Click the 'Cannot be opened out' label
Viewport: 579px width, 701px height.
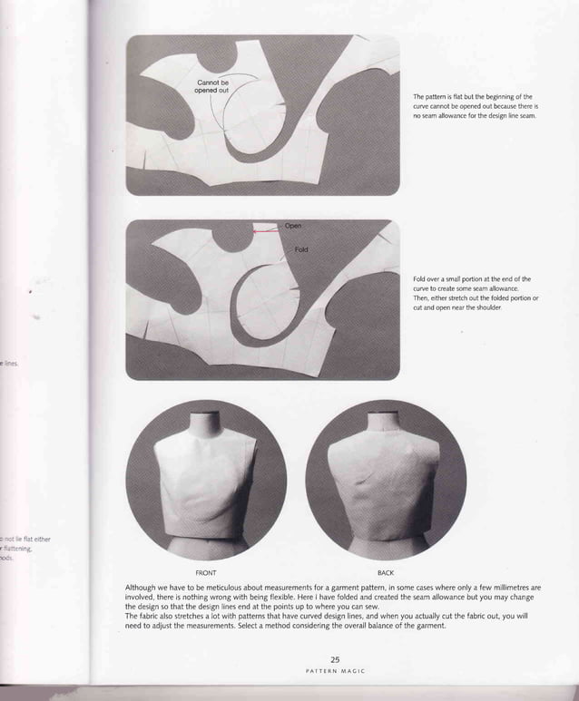pyautogui.click(x=212, y=86)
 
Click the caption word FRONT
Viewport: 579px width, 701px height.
pyautogui.click(x=206, y=573)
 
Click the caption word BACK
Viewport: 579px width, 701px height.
pyautogui.click(x=386, y=573)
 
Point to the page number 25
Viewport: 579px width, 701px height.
pyautogui.click(x=335, y=659)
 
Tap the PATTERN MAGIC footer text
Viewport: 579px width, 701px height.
pyautogui.click(x=335, y=671)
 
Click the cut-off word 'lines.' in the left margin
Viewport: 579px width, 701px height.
pyautogui.click(x=10, y=364)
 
